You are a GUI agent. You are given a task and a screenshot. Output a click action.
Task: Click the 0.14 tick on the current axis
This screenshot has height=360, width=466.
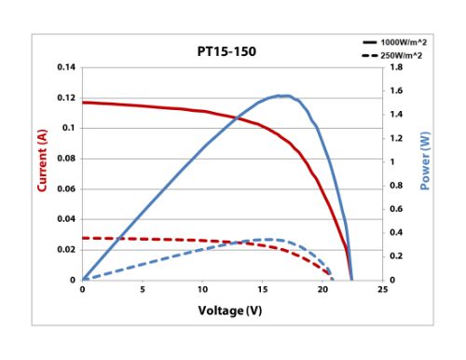pyautogui.click(x=65, y=68)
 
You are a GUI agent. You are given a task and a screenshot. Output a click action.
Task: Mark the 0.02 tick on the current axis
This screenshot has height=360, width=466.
pyautogui.click(x=65, y=249)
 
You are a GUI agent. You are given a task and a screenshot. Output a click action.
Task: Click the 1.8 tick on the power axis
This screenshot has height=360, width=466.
pyautogui.click(x=395, y=68)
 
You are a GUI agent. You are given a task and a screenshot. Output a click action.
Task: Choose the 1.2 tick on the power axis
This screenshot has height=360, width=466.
pyautogui.click(x=395, y=138)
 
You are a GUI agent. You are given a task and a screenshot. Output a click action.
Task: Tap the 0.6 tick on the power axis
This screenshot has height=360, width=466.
pyautogui.click(x=395, y=209)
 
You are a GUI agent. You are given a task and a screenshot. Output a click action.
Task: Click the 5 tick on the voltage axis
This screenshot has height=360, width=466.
pyautogui.click(x=143, y=290)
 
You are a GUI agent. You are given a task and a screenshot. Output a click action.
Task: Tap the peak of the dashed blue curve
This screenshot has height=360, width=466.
pyautogui.click(x=269, y=240)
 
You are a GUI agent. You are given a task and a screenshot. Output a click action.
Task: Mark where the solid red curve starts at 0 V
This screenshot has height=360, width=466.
pyautogui.click(x=83, y=103)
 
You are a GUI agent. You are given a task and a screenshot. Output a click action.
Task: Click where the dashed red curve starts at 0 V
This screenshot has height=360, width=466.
pyautogui.click(x=83, y=238)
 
